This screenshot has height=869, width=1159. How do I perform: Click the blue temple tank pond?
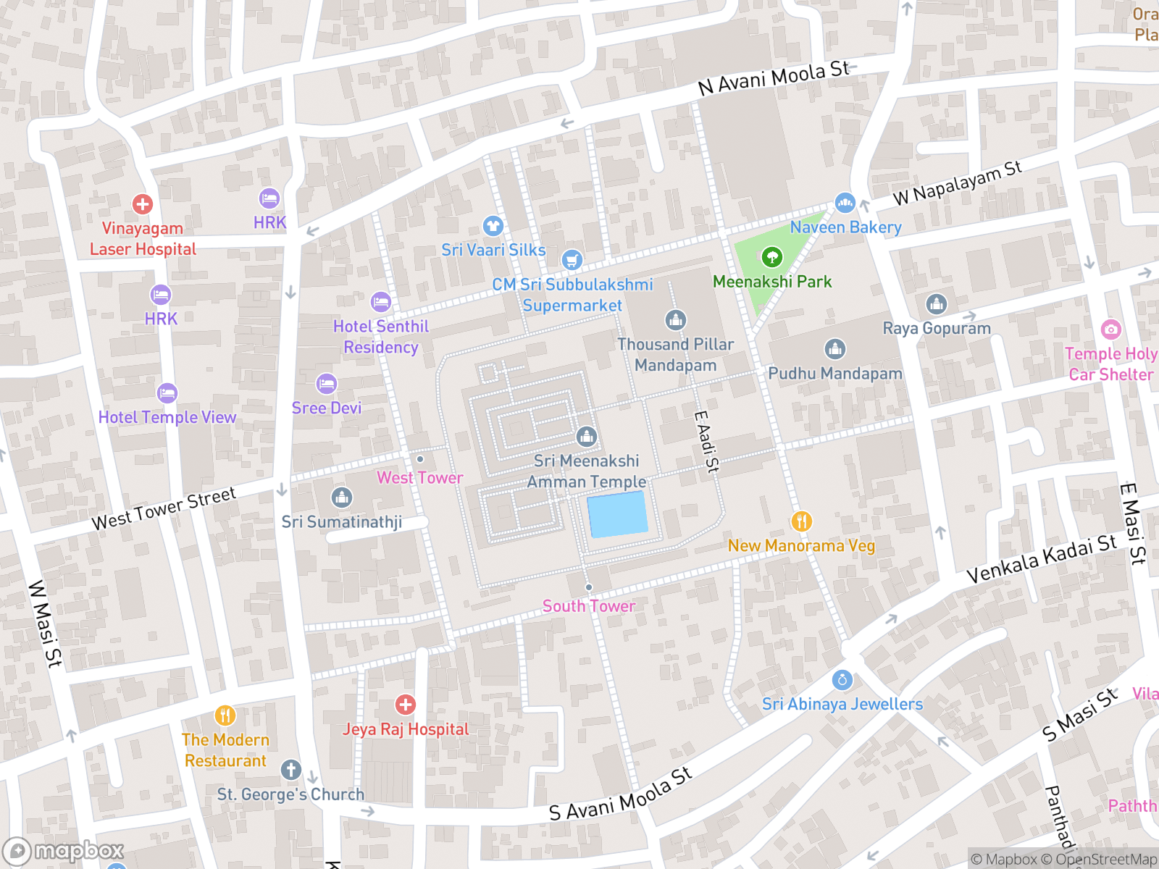click(616, 514)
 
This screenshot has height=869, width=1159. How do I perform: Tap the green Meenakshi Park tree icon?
click(771, 256)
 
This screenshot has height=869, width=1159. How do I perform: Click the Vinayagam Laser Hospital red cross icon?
click(143, 204)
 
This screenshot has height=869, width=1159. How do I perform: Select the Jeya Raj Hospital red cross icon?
click(405, 705)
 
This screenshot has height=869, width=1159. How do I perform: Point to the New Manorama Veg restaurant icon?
click(800, 521)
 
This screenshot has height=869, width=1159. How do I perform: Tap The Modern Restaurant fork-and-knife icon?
click(225, 716)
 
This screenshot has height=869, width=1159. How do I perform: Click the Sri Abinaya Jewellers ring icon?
click(842, 680)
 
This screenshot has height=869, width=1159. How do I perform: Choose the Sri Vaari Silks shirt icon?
click(493, 226)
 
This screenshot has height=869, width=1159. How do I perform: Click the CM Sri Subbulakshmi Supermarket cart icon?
click(572, 260)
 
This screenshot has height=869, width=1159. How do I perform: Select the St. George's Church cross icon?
click(291, 770)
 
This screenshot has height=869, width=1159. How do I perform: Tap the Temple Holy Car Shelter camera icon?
click(1110, 330)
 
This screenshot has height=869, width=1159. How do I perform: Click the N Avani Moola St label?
click(773, 78)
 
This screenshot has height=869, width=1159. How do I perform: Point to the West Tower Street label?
click(164, 508)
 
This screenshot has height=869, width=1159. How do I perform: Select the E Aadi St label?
click(706, 442)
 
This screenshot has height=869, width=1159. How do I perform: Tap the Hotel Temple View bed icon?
click(167, 393)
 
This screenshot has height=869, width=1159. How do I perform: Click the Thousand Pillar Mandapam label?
click(675, 355)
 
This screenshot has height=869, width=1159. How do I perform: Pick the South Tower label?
click(588, 606)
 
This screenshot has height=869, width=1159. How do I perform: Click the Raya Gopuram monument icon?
click(936, 304)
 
